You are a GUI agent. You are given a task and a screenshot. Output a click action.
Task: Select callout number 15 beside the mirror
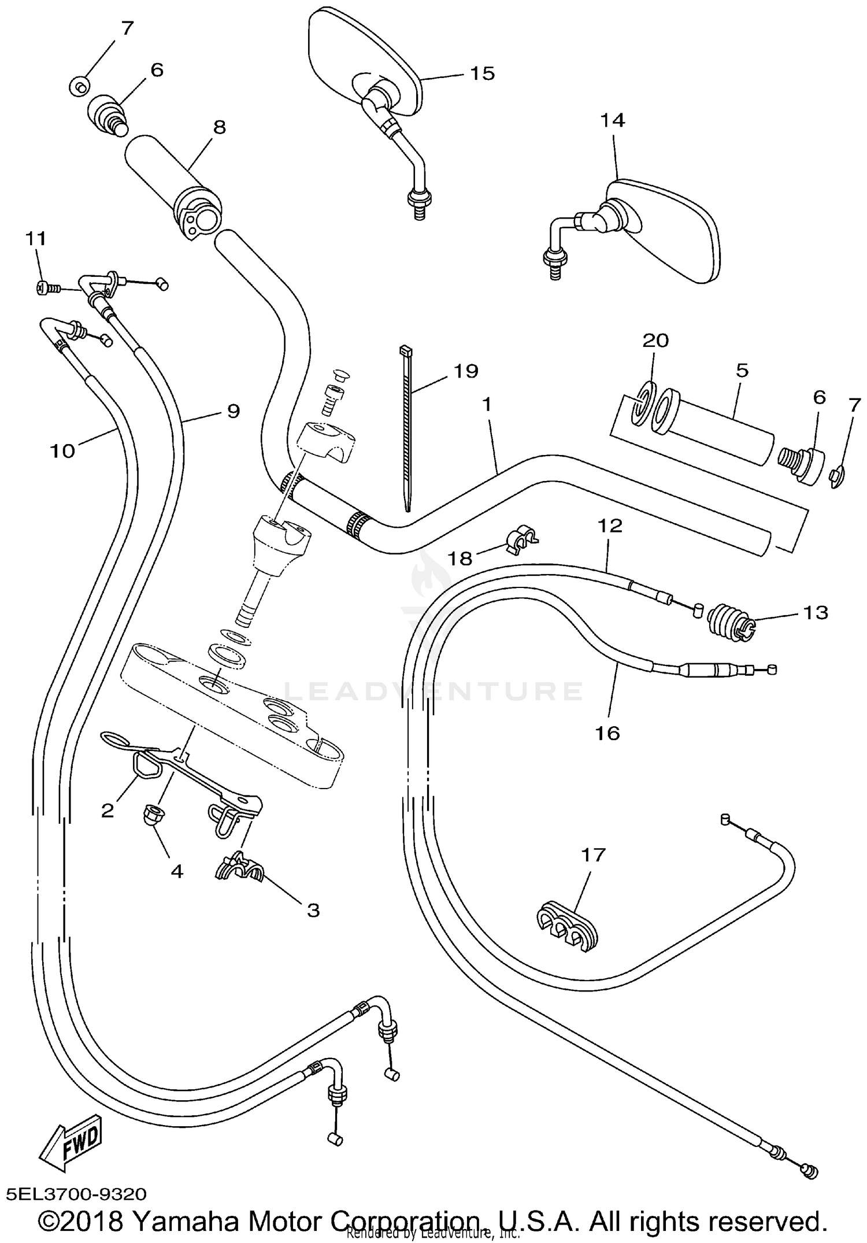[x=482, y=73]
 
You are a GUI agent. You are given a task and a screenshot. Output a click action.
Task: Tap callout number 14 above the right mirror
[x=613, y=120]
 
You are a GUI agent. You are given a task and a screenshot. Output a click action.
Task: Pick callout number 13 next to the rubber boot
[x=816, y=612]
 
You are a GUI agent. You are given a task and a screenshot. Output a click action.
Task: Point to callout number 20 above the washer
[x=655, y=340]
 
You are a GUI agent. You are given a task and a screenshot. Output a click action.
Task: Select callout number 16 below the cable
[x=607, y=733]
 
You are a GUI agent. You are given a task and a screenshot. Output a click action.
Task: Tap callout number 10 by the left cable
[x=62, y=450]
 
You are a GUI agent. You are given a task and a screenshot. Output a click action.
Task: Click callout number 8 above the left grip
[x=220, y=127]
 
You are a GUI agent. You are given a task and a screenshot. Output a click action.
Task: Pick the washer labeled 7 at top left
[x=79, y=87]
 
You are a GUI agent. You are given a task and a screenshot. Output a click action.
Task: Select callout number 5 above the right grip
[x=742, y=370]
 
